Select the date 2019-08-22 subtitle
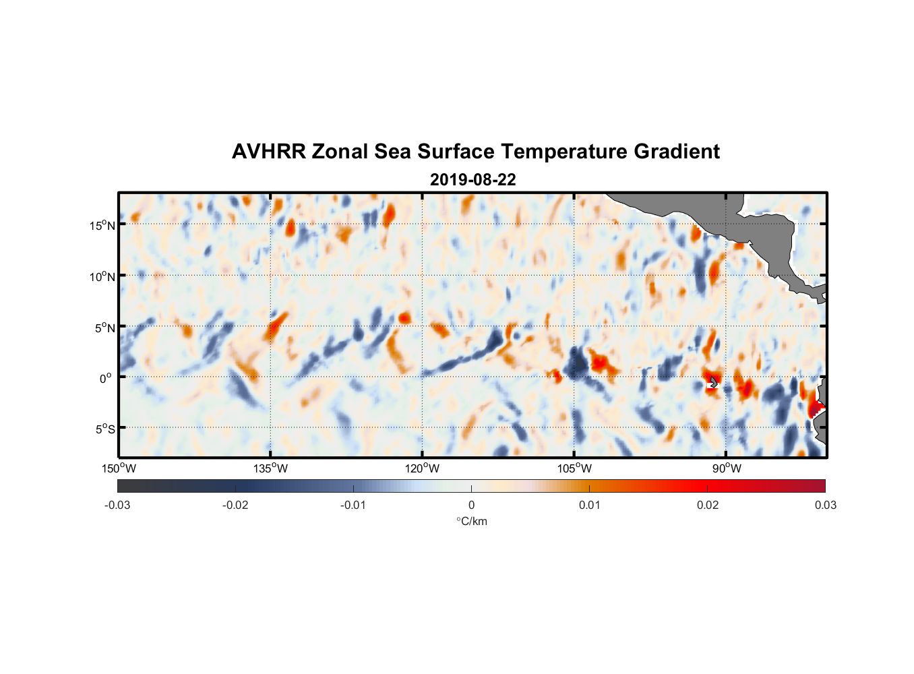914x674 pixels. click(473, 180)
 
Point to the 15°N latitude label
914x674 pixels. click(102, 225)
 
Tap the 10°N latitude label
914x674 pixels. click(102, 276)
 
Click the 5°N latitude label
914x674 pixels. click(104, 328)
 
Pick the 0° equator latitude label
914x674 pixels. click(106, 378)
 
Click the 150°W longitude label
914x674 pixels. click(119, 468)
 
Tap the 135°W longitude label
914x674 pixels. click(271, 468)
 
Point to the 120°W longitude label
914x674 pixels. click(423, 468)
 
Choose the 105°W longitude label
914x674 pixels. click(574, 468)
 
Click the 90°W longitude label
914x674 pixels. click(727, 468)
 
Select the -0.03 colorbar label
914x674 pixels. click(117, 505)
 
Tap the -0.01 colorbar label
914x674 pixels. click(353, 505)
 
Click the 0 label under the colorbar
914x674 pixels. click(471, 505)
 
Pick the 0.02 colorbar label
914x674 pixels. click(708, 505)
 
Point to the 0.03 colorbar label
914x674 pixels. click(825, 505)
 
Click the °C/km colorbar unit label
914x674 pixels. click(471, 521)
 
